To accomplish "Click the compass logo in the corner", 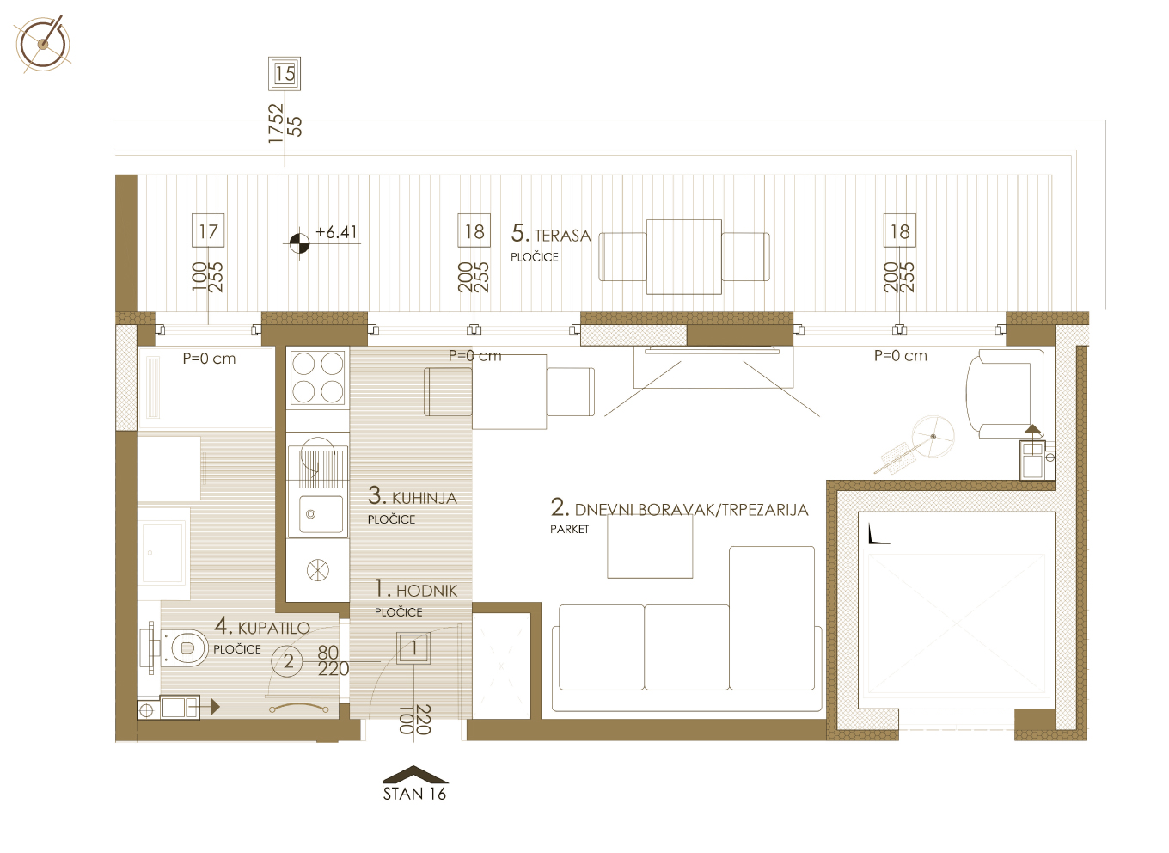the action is pos(43,45).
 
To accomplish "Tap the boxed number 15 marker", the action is pos(285,74).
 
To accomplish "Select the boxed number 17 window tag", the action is pos(208,230).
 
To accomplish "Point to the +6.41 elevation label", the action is pos(337,232).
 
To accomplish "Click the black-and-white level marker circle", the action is pos(299,242).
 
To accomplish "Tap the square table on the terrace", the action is pos(684,257).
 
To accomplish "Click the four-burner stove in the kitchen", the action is pos(318,377).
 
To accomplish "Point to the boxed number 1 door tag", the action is pos(413,648).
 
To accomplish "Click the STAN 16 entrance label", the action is pos(414,794).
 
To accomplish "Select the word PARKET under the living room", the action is pos(569,530).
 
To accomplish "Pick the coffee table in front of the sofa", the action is pos(650,547).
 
